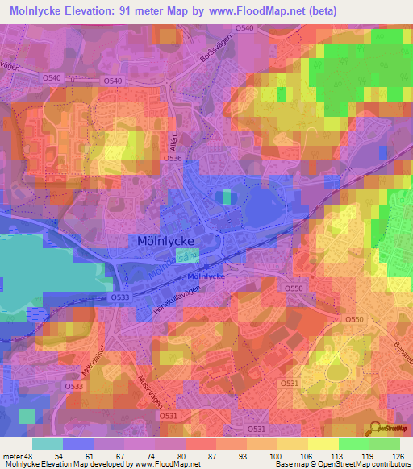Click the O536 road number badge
[x=173, y=159]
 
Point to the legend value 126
[x=399, y=456]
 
